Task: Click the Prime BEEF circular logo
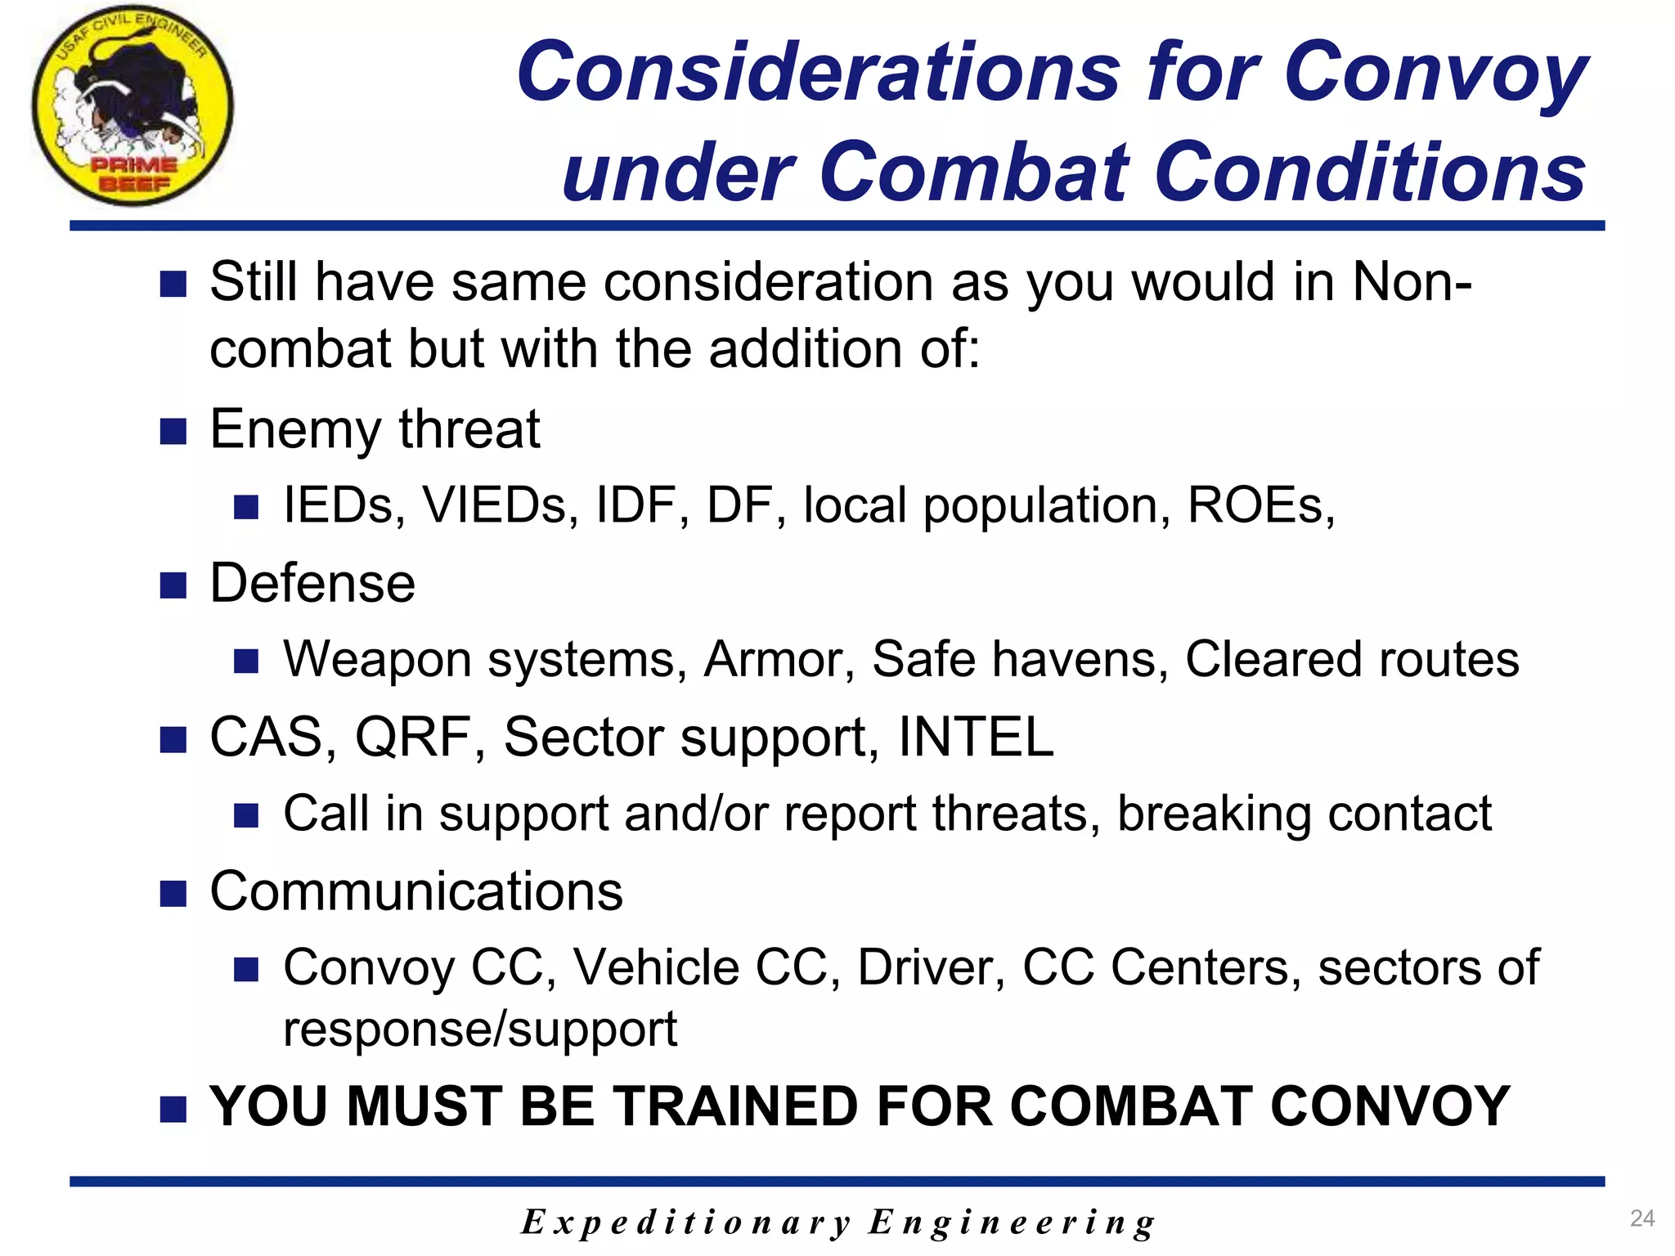(x=132, y=105)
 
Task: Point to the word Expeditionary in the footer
(x=685, y=1222)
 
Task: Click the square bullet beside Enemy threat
(x=173, y=431)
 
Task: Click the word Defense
(x=312, y=584)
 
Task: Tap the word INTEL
(x=976, y=738)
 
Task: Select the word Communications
(x=416, y=891)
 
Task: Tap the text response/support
(x=480, y=1029)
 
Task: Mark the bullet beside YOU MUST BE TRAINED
(x=173, y=1110)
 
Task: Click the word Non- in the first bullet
(x=1412, y=282)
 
